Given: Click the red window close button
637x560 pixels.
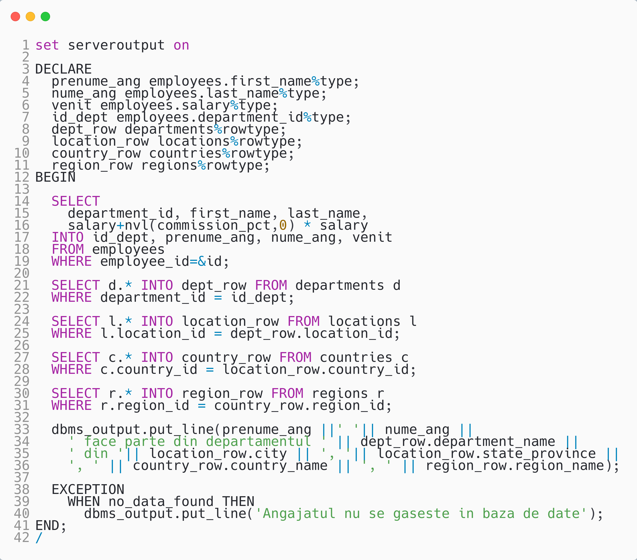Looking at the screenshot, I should coord(15,17).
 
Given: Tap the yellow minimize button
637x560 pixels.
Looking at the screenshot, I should coord(30,17).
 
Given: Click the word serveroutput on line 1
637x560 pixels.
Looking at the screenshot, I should coord(116,45).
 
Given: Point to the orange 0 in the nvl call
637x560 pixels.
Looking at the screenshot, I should coord(283,225).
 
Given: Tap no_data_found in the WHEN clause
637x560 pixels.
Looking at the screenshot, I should coord(161,502).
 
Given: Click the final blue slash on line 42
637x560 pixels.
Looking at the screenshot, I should coord(39,537).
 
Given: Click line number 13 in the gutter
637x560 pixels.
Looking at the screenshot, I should coord(22,189).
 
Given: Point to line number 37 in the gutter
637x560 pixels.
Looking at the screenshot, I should coord(22,478).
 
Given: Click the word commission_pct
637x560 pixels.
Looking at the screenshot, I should coord(214,225).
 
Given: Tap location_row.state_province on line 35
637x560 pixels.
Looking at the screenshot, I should coord(486,454).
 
